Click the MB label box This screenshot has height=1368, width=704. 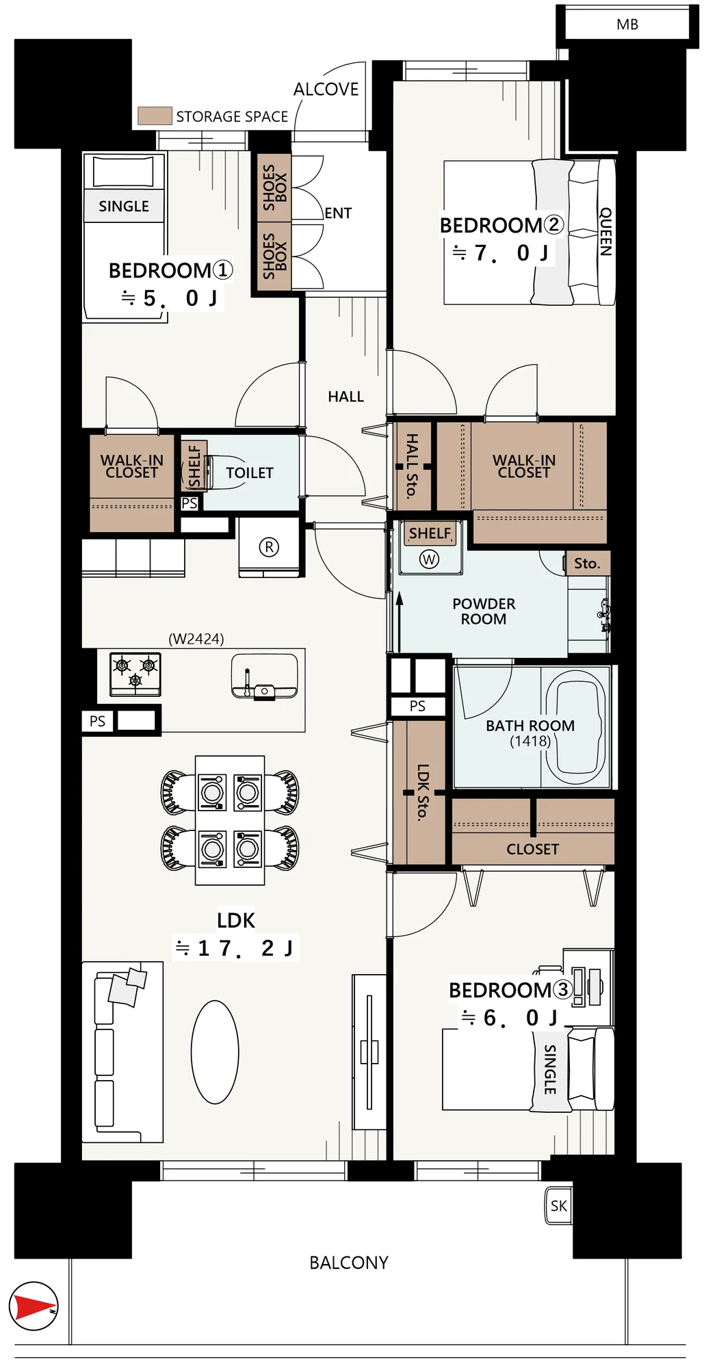[627, 25]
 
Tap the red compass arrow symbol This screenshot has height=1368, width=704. [34, 1306]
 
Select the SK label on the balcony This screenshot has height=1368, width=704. [558, 1206]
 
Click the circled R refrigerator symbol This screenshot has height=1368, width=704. [269, 547]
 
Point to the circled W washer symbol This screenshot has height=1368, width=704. [429, 560]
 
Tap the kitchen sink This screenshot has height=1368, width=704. [264, 676]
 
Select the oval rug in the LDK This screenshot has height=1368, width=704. [215, 1052]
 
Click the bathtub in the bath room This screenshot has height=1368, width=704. [575, 727]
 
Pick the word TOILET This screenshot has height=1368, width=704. [250, 473]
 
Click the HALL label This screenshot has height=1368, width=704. [346, 397]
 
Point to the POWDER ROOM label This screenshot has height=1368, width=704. [484, 611]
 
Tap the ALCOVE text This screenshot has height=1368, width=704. [326, 90]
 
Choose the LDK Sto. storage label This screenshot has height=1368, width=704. [423, 791]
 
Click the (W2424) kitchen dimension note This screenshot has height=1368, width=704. [196, 639]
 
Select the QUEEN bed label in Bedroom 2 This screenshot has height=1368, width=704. [605, 232]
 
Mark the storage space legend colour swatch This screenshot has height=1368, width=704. [155, 116]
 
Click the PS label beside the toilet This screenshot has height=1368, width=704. [190, 503]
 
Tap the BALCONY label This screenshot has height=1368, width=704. [349, 1263]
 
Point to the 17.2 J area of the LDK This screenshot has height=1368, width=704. [235, 948]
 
